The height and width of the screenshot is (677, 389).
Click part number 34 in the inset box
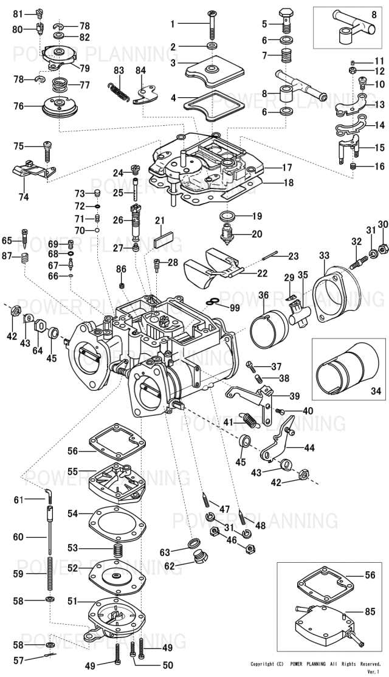tap(376, 391)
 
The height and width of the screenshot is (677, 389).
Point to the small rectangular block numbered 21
tap(164, 239)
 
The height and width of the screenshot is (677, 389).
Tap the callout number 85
tap(370, 612)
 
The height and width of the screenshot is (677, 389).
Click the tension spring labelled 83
tap(117, 92)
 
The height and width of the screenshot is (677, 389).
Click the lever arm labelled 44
tap(277, 438)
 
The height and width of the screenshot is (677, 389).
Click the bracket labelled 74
tap(33, 170)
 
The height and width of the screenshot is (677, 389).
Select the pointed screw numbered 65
tap(25, 238)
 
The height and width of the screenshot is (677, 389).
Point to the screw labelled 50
tap(133, 653)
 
